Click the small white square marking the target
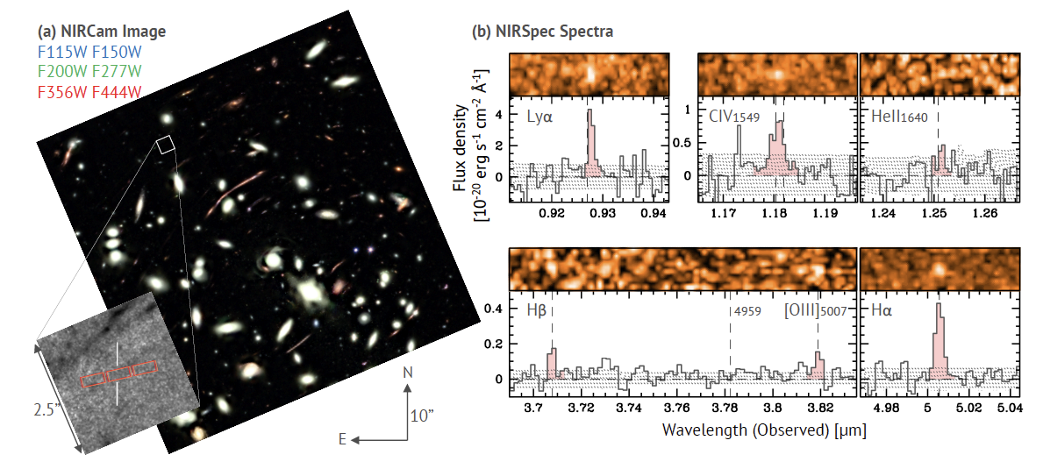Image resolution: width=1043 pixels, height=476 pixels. pyautogui.click(x=167, y=145)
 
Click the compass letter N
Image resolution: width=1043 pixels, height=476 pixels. pyautogui.click(x=408, y=373)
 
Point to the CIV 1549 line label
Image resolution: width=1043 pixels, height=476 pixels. pyautogui.click(x=730, y=116)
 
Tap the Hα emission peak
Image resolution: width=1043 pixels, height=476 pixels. pyautogui.click(x=939, y=306)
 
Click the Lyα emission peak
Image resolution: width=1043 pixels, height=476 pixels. pyautogui.click(x=590, y=111)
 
